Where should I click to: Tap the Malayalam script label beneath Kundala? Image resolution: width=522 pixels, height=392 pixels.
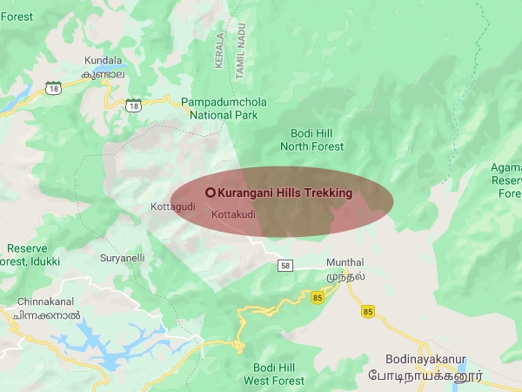[104, 75]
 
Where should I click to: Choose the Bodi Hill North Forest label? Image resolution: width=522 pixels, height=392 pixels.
[316, 139]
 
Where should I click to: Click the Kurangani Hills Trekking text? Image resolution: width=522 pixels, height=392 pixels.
[284, 193]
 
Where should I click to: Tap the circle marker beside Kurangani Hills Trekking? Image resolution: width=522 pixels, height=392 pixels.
[210, 193]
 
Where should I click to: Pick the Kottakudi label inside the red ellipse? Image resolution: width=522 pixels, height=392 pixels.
[232, 213]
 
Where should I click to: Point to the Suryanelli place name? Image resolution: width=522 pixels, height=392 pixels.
[122, 258]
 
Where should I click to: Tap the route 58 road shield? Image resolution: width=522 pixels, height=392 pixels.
[284, 265]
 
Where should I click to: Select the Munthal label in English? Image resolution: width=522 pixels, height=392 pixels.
[345, 262]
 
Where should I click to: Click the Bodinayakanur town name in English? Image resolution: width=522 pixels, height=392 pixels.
[425, 359]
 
